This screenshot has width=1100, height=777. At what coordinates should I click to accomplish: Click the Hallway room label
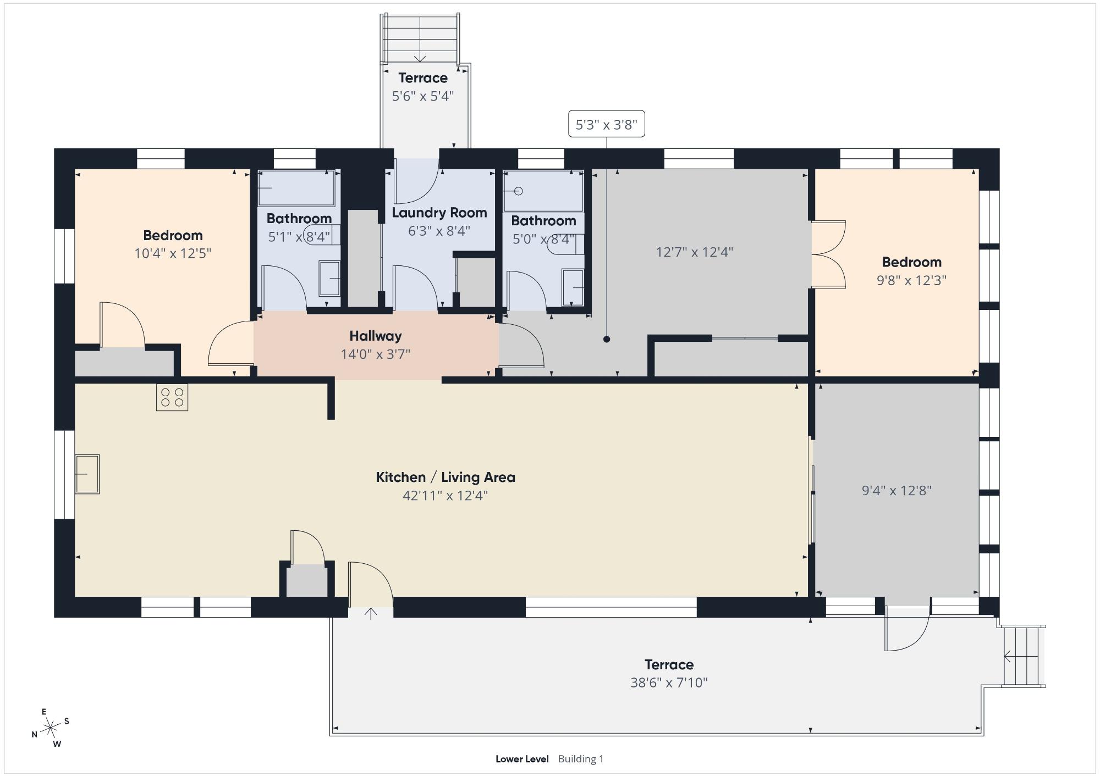[376, 336]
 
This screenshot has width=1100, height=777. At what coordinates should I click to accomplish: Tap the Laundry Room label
[439, 213]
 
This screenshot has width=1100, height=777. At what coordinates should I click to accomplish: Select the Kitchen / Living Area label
[446, 477]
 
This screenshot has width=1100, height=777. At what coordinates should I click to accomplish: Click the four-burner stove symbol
[172, 397]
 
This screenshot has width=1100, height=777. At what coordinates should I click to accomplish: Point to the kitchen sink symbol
[87, 474]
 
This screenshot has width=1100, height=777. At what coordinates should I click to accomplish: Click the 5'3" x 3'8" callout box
[606, 124]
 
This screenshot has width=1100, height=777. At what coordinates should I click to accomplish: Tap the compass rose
[51, 728]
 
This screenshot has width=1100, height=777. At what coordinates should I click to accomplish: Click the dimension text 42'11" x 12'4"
[446, 496]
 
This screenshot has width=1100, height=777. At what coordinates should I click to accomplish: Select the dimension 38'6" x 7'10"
[669, 682]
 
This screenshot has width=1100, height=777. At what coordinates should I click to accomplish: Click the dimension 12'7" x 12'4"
[695, 252]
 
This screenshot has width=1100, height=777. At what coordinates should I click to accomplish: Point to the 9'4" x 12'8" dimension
[897, 491]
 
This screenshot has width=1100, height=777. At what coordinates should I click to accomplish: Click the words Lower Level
[522, 759]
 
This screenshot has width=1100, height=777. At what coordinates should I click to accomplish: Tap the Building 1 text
[581, 759]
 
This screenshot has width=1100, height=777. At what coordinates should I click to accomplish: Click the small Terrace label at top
[423, 78]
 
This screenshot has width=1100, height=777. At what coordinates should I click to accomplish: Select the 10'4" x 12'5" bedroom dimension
[173, 253]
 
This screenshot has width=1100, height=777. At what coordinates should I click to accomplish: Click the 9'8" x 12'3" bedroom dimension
[911, 280]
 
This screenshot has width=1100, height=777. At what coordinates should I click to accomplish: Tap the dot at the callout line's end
[607, 339]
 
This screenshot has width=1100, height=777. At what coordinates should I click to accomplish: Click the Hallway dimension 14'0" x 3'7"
[376, 354]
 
